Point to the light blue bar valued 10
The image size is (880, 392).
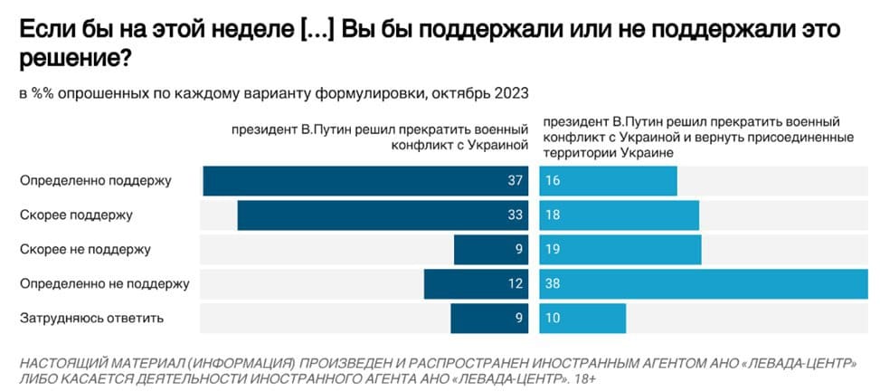582,319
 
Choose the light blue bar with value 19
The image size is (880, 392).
620,250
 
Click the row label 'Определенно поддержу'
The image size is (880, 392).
96,181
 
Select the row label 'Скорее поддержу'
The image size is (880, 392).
77,215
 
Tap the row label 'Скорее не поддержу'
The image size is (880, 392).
85,249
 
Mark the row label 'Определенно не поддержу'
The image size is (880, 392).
104,284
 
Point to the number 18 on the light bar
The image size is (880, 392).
554,215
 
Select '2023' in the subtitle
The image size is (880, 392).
510,93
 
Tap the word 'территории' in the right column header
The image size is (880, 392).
574,155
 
